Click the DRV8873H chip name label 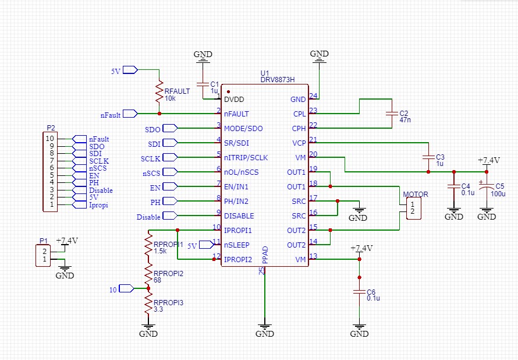pos(278,80)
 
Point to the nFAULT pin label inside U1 pos(237,114)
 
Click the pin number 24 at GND pos(314,96)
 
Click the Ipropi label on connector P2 pos(98,205)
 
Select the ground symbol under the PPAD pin pos(265,332)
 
